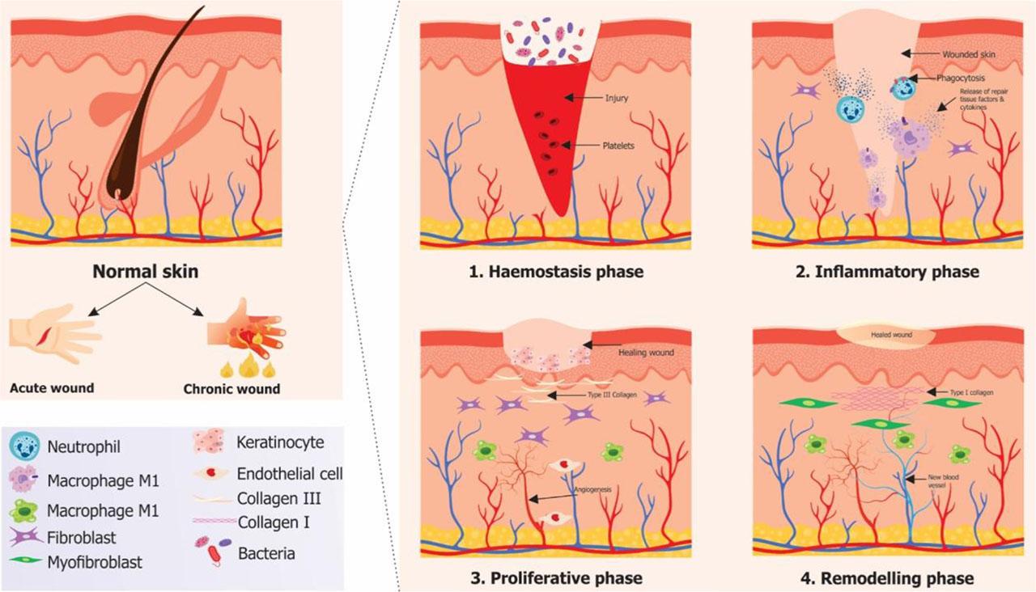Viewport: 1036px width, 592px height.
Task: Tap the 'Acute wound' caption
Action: (52, 387)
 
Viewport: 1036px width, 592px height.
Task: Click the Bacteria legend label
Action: (266, 554)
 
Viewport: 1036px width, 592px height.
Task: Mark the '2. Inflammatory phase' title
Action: (885, 272)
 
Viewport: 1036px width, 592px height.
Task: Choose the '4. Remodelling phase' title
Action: (885, 577)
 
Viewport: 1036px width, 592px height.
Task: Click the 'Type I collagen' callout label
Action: (971, 391)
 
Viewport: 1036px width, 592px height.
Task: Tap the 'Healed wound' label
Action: (887, 333)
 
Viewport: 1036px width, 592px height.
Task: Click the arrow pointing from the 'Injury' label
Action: (582, 98)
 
